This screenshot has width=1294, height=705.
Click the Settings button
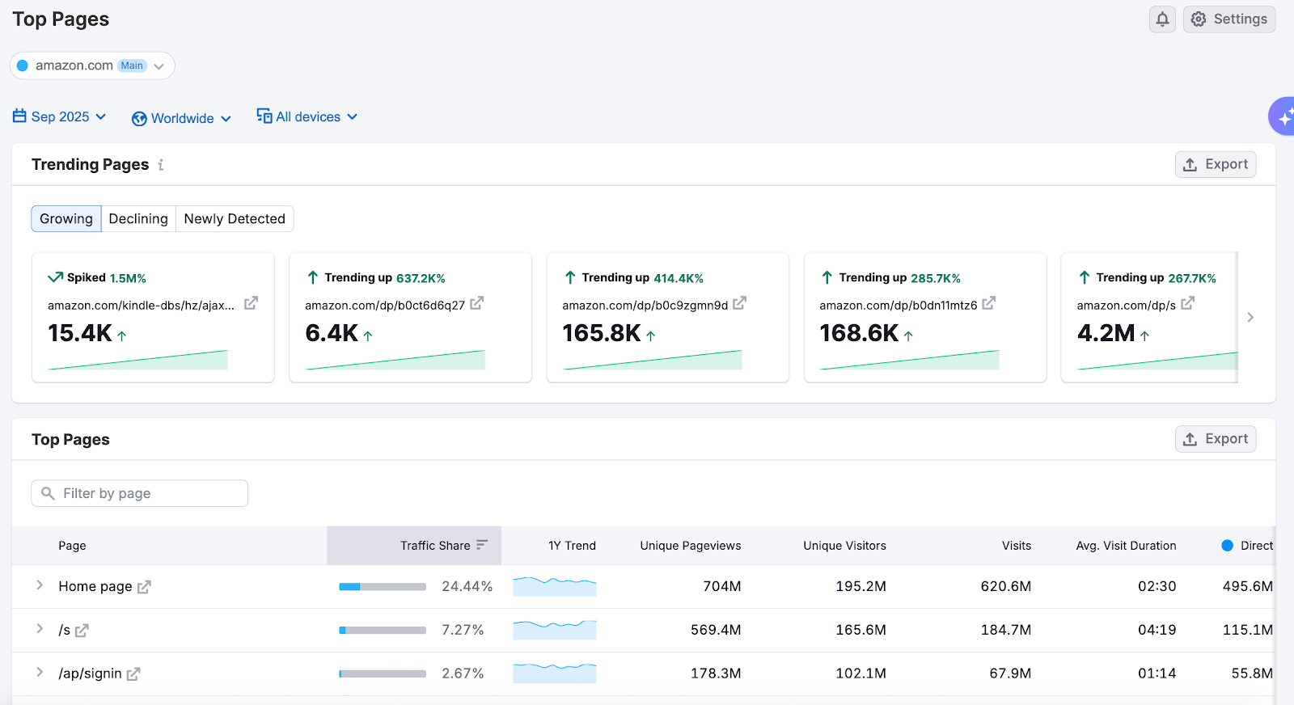(x=1228, y=19)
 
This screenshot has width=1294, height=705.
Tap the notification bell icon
(x=1162, y=19)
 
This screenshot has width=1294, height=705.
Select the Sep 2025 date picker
(x=60, y=117)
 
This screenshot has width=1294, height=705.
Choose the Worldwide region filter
(x=182, y=118)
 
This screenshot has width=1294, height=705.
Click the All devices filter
(x=307, y=117)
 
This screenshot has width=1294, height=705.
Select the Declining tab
(x=138, y=219)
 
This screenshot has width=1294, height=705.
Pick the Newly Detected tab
(x=235, y=219)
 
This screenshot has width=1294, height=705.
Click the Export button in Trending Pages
(x=1215, y=164)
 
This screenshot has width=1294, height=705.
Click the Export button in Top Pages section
(x=1215, y=439)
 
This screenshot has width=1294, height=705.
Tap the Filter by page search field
(x=140, y=493)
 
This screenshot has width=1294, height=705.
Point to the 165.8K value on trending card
(x=602, y=333)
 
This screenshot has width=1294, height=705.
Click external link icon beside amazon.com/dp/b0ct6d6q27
(x=476, y=303)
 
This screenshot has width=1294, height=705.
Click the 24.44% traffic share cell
(x=467, y=586)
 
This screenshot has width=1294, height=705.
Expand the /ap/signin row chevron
(x=40, y=673)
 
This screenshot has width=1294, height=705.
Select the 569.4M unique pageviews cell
(x=715, y=630)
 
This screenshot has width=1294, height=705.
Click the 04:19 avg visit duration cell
(x=1157, y=630)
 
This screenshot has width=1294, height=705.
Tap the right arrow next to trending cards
(x=1250, y=317)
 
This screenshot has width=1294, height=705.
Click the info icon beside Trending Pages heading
(x=161, y=165)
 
